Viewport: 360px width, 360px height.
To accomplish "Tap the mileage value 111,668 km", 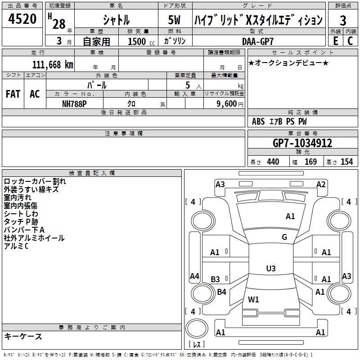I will [x=53, y=64].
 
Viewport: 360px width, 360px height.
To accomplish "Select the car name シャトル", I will [x=116, y=20].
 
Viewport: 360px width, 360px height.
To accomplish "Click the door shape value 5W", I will [x=175, y=20].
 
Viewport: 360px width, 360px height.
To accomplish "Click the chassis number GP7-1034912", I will [x=302, y=143].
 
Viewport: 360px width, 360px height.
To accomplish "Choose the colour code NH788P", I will [x=75, y=103].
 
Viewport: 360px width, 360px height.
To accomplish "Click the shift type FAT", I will [x=13, y=94].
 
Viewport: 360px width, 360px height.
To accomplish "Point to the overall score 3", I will [x=343, y=20].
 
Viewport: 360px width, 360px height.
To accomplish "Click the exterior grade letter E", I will [x=335, y=40].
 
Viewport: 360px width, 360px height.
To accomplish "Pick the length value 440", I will [x=273, y=162].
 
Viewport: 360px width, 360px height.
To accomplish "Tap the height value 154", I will [x=346, y=162].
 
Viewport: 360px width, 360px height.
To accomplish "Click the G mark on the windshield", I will [x=284, y=237].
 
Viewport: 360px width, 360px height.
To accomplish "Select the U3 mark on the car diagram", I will [x=270, y=269].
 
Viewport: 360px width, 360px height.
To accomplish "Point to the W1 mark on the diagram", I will [x=253, y=299].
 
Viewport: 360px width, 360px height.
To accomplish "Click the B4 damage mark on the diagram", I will [x=221, y=292].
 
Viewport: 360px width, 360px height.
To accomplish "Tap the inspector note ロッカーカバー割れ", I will [x=35, y=181].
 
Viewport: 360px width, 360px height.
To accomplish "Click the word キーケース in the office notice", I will [x=23, y=336].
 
